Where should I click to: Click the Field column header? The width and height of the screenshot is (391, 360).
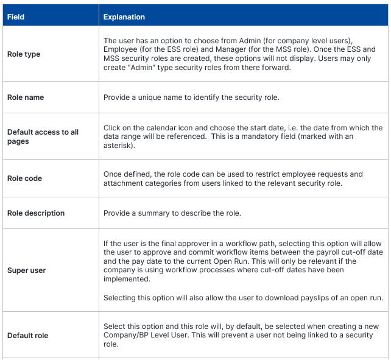16,16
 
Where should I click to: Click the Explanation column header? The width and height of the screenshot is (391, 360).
124,16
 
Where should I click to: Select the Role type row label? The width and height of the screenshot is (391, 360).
24,54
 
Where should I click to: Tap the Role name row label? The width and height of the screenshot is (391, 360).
26,97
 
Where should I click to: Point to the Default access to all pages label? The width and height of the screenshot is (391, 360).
43,137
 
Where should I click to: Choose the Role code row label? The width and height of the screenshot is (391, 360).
24,179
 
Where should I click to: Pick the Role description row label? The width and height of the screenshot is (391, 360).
36,213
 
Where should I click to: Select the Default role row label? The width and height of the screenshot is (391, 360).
27,336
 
